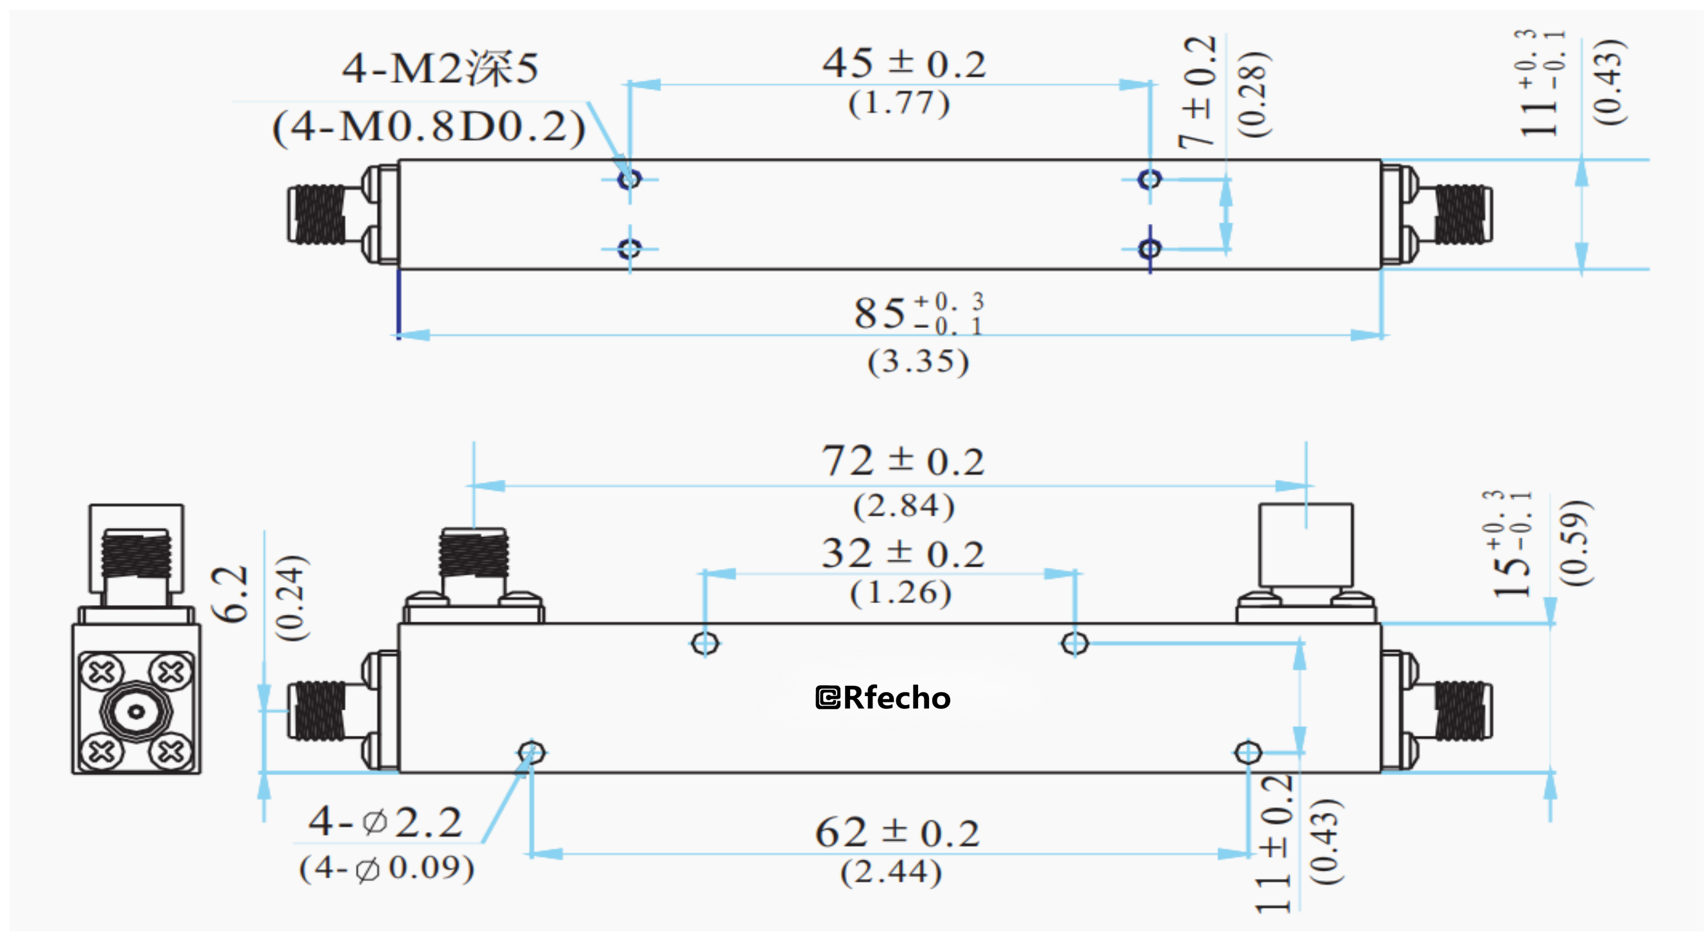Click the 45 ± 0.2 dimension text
(x=903, y=64)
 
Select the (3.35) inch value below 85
(x=918, y=362)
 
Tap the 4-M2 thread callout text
(x=440, y=68)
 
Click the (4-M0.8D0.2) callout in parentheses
(x=429, y=127)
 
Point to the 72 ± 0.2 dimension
(x=903, y=461)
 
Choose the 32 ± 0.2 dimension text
(x=903, y=554)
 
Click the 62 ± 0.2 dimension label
(x=897, y=833)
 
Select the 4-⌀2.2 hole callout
(x=385, y=823)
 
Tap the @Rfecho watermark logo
(x=883, y=698)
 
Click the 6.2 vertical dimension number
(x=230, y=593)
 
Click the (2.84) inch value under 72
(x=903, y=506)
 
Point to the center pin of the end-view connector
(x=136, y=712)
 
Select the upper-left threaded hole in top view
(x=629, y=178)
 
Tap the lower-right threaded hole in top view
(x=1150, y=249)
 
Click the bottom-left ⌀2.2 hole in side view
(x=531, y=753)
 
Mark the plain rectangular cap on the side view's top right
(x=1306, y=545)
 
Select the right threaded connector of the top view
(x=1462, y=214)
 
